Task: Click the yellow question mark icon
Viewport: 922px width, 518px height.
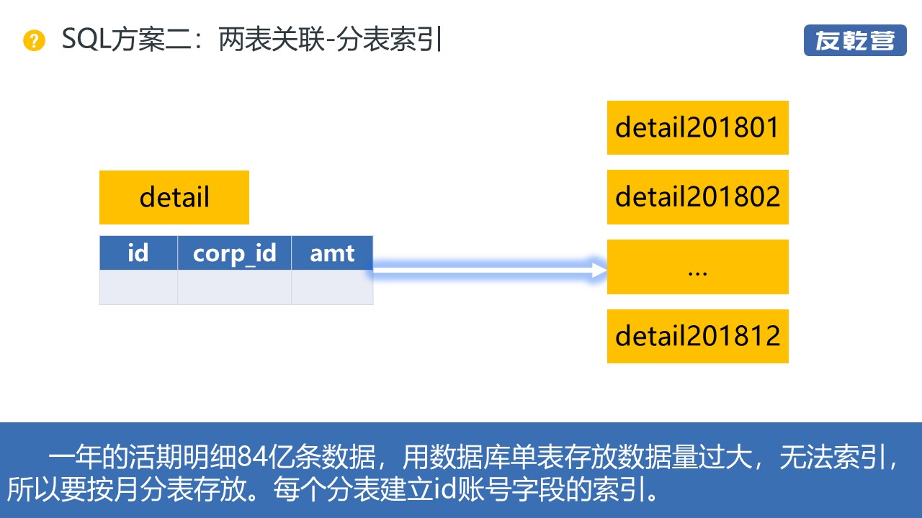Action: pos(34,41)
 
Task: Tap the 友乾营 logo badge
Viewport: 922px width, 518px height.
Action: pos(855,41)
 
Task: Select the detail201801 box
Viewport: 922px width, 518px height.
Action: pos(697,127)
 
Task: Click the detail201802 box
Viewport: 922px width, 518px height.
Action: pos(697,197)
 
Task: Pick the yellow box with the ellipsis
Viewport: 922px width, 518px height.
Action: pos(697,267)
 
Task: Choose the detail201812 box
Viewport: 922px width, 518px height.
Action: pos(697,336)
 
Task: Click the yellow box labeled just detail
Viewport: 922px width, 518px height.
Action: pos(174,197)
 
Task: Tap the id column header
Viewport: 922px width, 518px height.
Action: pos(138,253)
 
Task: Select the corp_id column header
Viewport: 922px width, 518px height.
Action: pos(235,253)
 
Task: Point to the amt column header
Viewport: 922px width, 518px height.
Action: pos(332,253)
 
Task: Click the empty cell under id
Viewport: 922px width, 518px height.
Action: pos(138,287)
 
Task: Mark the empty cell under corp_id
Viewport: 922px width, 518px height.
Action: pos(235,287)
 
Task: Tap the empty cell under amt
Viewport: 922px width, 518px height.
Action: pos(332,287)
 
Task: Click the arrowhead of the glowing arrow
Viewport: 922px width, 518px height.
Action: pos(599,270)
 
